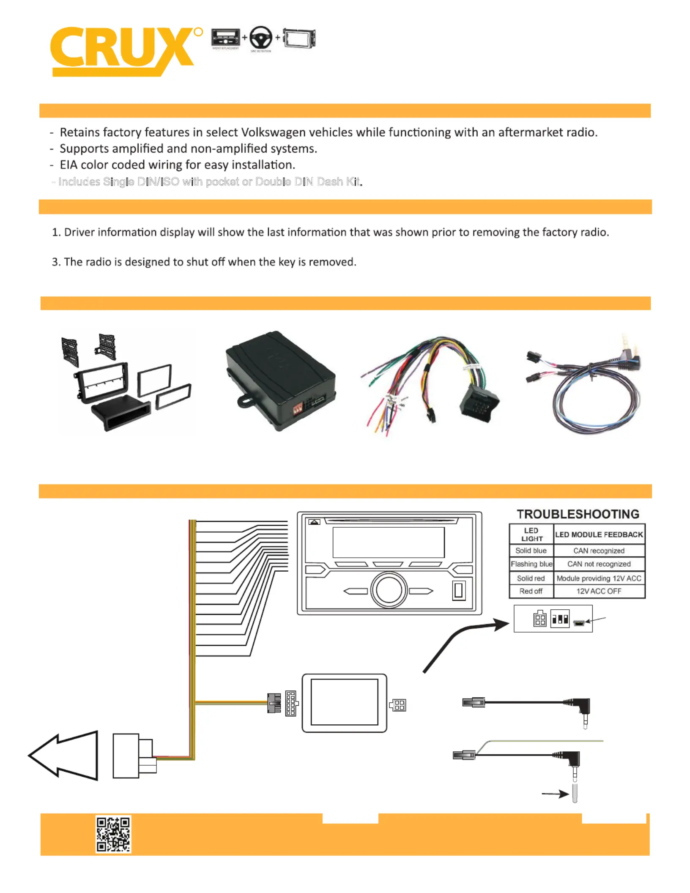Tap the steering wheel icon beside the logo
click(260, 38)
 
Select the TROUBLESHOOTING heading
click(578, 514)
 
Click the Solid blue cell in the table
click(531, 551)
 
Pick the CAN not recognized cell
click(599, 564)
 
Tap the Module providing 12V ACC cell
click(599, 578)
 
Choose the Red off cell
click(531, 591)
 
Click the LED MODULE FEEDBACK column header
click(599, 534)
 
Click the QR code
click(113, 834)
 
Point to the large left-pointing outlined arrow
click(63, 755)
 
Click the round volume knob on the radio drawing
click(389, 590)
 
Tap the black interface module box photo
click(280, 381)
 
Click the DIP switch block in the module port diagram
click(560, 619)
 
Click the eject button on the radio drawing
click(314, 522)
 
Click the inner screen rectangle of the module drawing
click(344, 703)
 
